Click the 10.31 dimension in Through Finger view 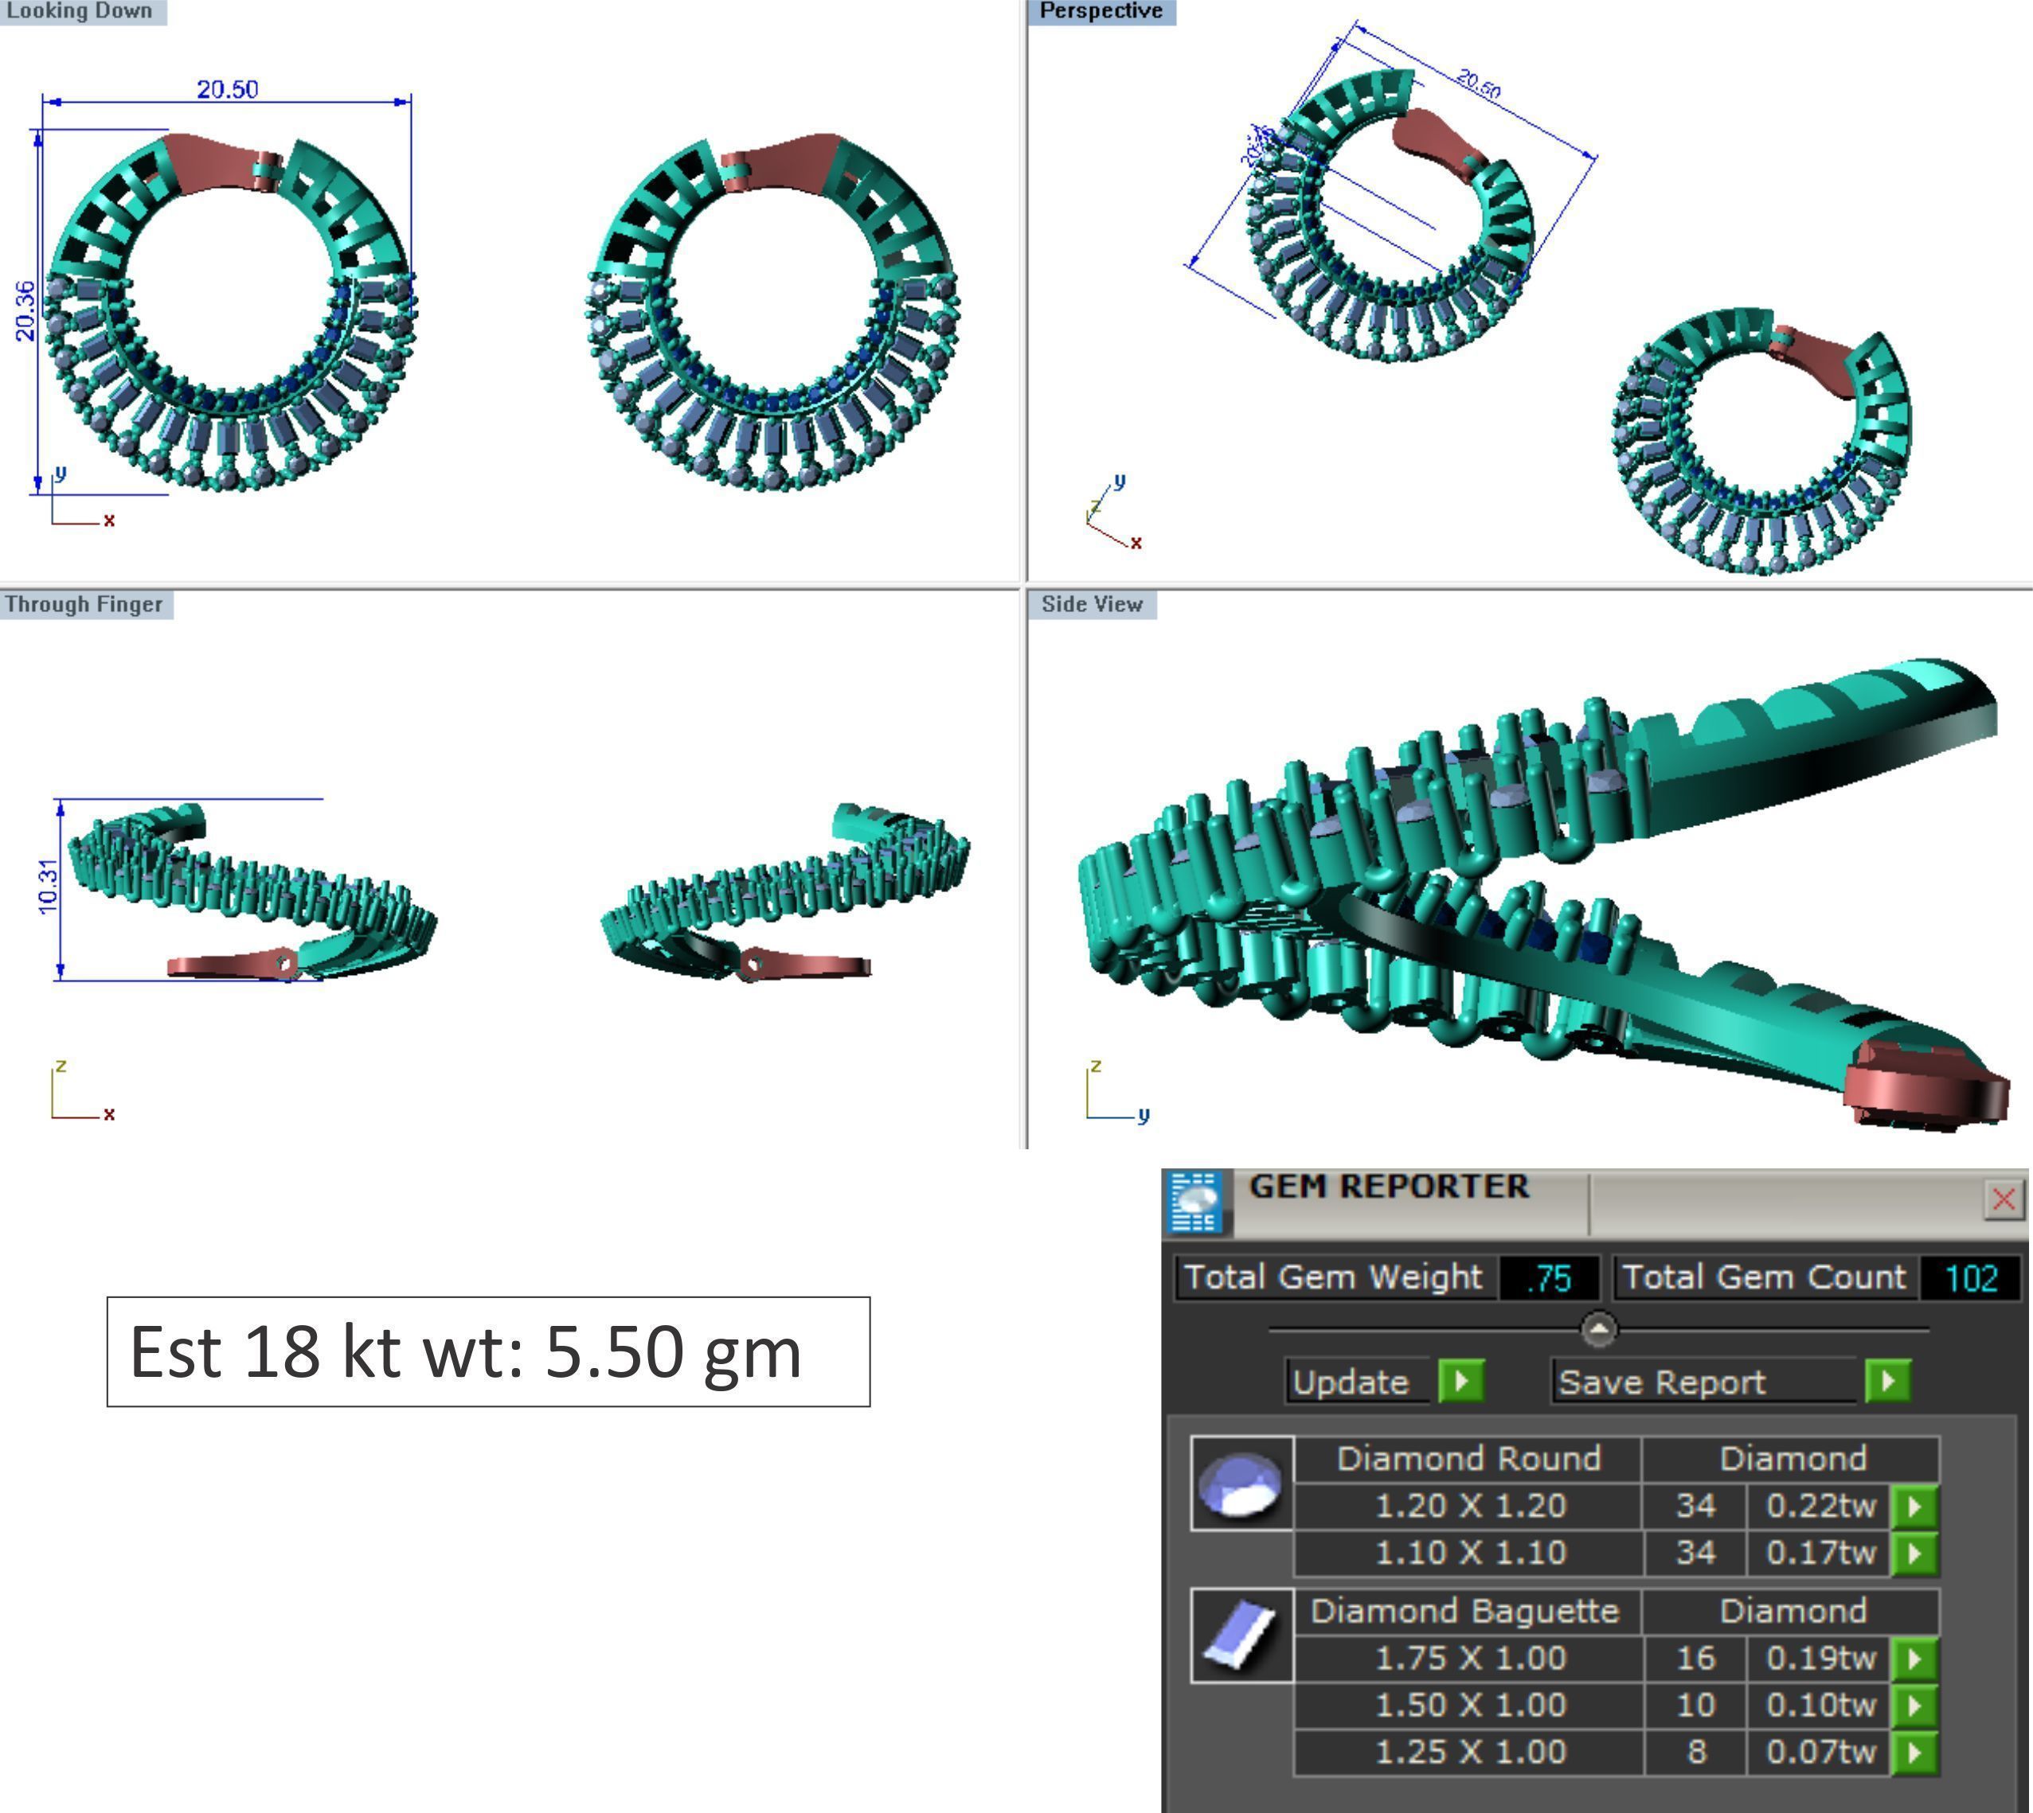pyautogui.click(x=48, y=887)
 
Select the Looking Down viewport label pyautogui.click(x=80, y=11)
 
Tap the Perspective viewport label pyautogui.click(x=1101, y=11)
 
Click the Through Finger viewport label pyautogui.click(x=84, y=605)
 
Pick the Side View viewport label pyautogui.click(x=1091, y=605)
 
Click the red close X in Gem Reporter pyautogui.click(x=2003, y=1199)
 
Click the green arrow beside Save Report pyautogui.click(x=1887, y=1382)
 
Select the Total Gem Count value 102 pyautogui.click(x=1970, y=1278)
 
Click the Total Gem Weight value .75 pyautogui.click(x=1549, y=1278)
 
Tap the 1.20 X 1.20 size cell pyautogui.click(x=1470, y=1505)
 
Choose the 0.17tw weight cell pyautogui.click(x=1820, y=1552)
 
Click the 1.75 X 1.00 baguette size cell pyautogui.click(x=1470, y=1658)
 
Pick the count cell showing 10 pyautogui.click(x=1695, y=1705)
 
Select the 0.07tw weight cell pyautogui.click(x=1820, y=1751)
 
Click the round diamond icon pyautogui.click(x=1241, y=1484)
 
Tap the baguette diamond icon pyautogui.click(x=1241, y=1636)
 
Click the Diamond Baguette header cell pyautogui.click(x=1465, y=1611)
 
